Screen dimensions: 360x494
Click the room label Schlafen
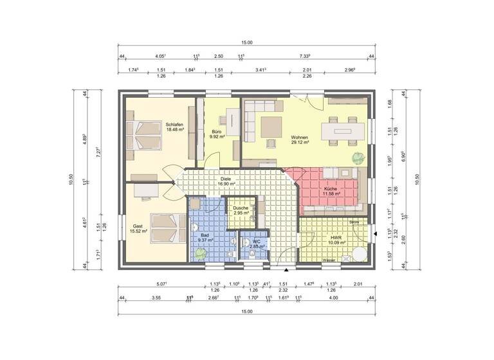coord(174,124)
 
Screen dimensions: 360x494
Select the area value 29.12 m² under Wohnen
coord(300,143)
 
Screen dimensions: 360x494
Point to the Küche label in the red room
coord(322,188)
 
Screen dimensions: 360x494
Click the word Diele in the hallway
coord(225,179)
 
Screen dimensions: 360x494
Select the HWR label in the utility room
coord(335,237)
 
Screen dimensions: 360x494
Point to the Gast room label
coord(138,226)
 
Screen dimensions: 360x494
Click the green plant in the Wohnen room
coord(355,158)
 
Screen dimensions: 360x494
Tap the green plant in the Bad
coord(200,253)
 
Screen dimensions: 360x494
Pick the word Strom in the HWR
coord(354,222)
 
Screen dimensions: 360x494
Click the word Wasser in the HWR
coord(329,260)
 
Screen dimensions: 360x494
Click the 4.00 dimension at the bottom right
coord(333,298)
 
